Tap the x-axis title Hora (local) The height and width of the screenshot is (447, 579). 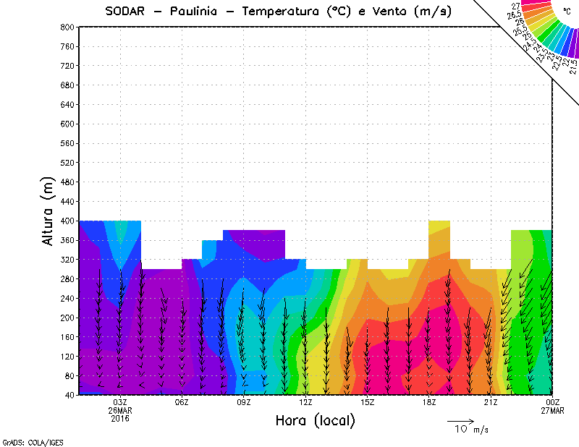point(315,420)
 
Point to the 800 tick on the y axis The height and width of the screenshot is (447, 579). point(66,27)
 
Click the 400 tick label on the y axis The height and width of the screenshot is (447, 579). point(66,221)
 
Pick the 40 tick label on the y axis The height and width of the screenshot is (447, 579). point(68,395)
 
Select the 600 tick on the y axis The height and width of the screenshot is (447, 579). point(66,124)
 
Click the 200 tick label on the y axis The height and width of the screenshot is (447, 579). point(66,318)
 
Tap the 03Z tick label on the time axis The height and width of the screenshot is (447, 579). point(120,403)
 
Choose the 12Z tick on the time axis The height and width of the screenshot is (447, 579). point(305,403)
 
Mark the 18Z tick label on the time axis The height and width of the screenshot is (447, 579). point(429,403)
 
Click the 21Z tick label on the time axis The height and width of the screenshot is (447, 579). point(491,403)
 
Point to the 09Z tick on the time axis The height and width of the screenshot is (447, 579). point(244,403)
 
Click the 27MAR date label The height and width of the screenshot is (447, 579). point(552,411)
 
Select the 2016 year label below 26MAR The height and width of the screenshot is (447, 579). point(120,419)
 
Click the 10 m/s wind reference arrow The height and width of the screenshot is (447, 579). point(460,420)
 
